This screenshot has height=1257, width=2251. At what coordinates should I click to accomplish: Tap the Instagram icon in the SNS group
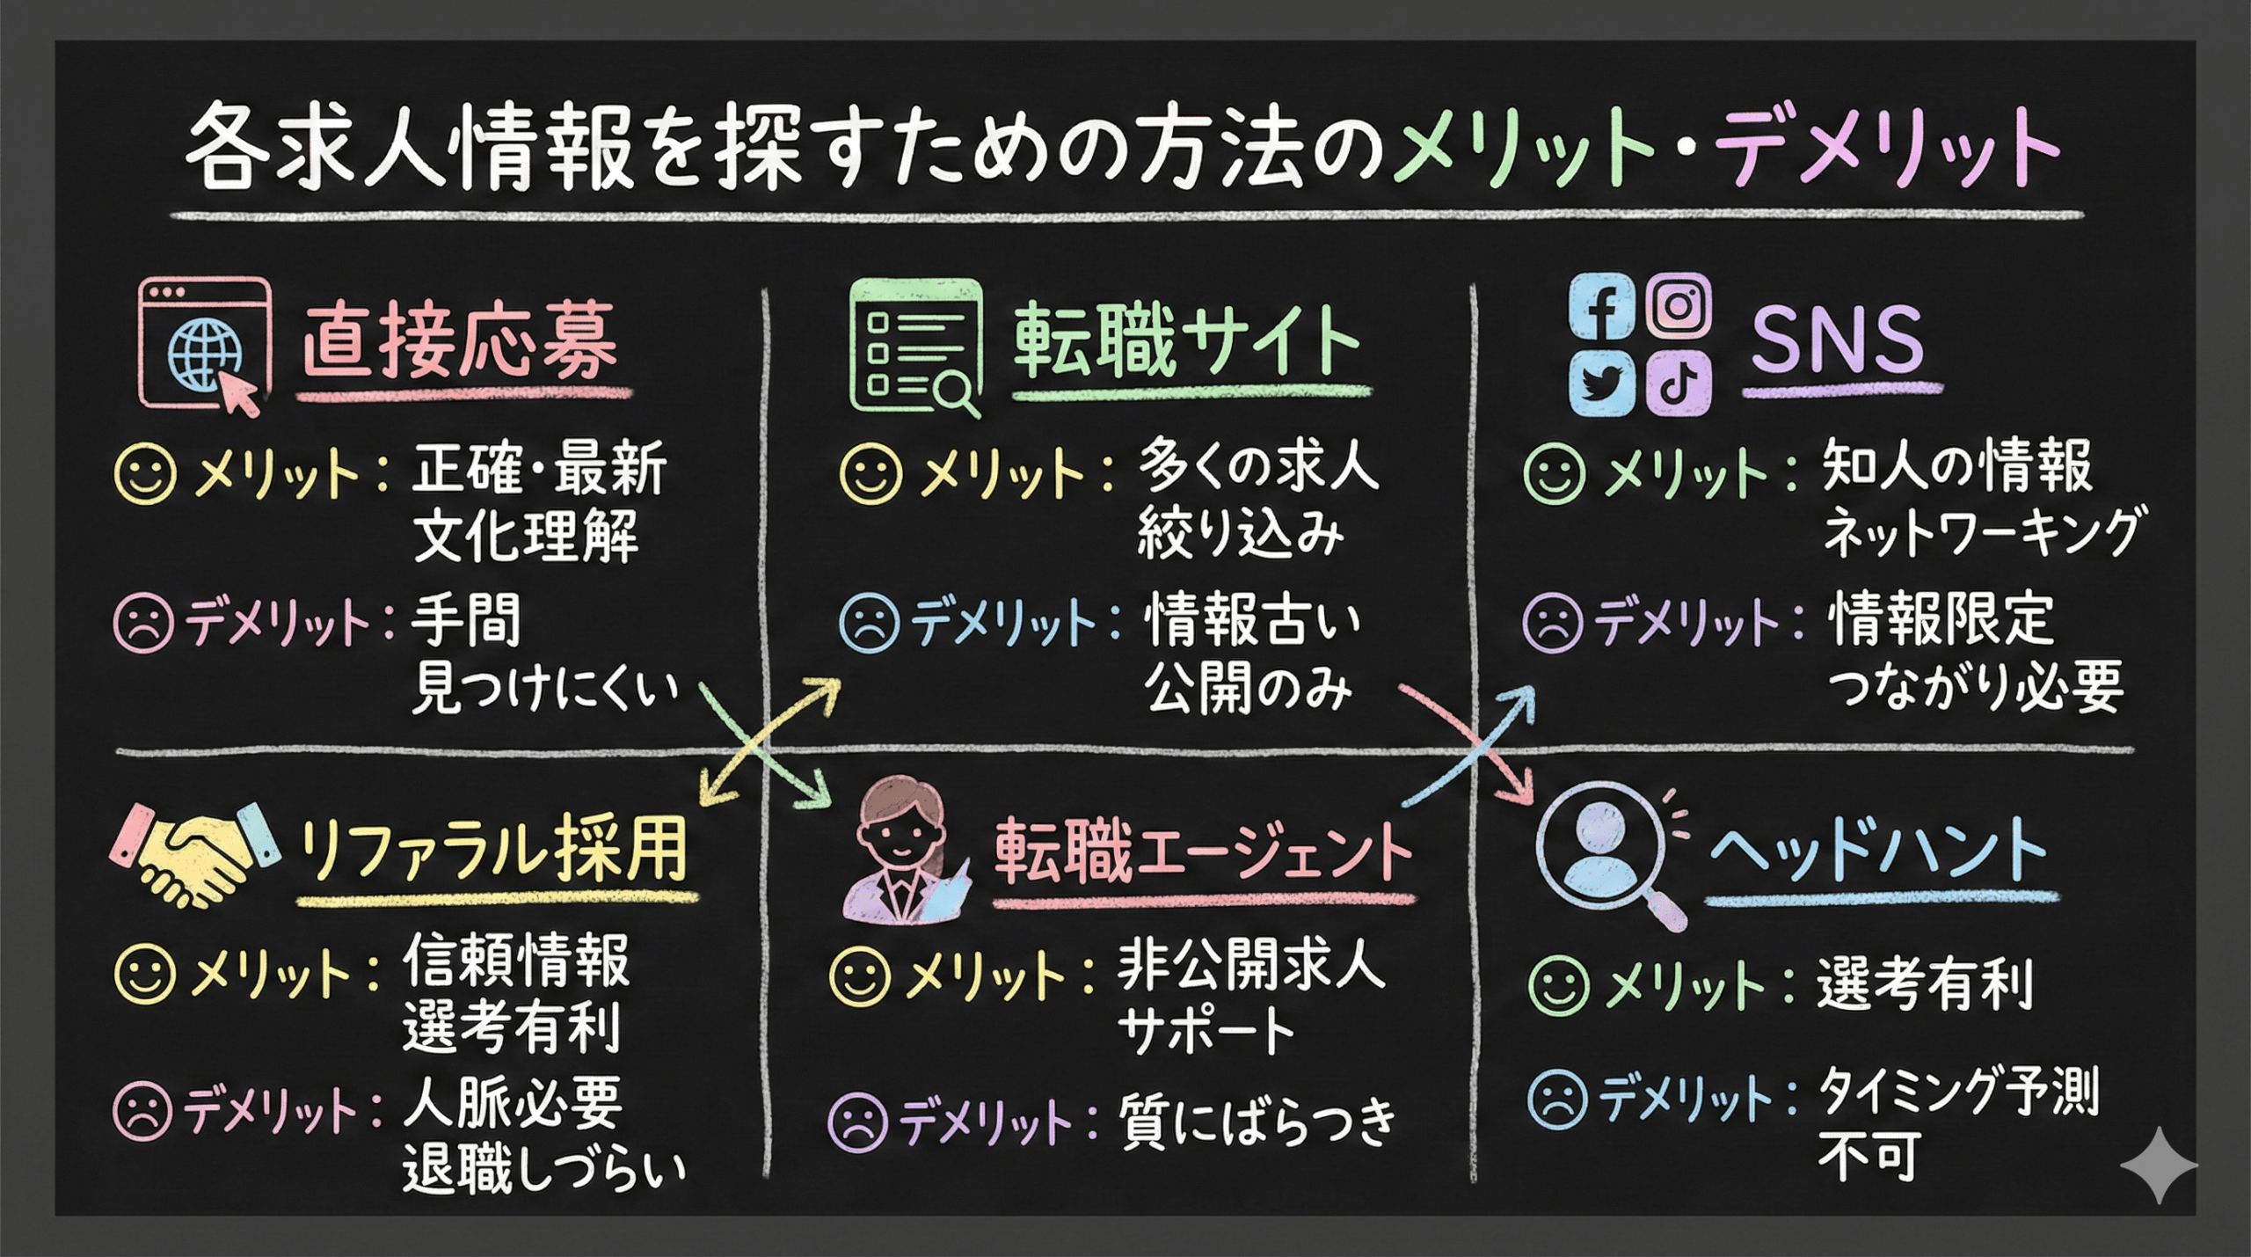coord(1679,305)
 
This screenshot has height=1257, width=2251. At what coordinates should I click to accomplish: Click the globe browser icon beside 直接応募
coord(205,345)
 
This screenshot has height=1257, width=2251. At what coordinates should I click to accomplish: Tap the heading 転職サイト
coord(1186,341)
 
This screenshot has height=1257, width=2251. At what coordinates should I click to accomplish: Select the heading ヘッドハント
coord(1878,851)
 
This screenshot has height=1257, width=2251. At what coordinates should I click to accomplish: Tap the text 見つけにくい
coord(545,688)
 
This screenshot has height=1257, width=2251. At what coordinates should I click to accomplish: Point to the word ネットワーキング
coord(1980,533)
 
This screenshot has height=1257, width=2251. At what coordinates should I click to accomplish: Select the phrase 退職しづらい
coord(544,1171)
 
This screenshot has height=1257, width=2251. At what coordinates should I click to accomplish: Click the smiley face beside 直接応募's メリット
coord(145,474)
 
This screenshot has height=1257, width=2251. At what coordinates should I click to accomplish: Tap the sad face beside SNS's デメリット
coord(1553,623)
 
